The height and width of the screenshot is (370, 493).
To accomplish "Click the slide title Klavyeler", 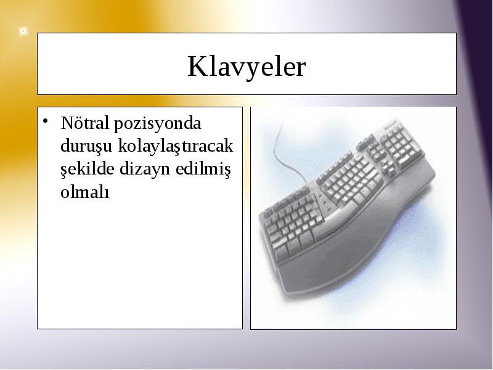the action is click(x=246, y=67).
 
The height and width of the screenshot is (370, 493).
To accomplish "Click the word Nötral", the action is click(x=85, y=123).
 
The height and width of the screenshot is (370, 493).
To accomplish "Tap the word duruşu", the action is click(x=86, y=146).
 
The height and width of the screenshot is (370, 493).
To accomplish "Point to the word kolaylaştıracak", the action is click(x=176, y=146).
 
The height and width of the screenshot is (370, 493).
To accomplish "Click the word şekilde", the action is click(x=87, y=168).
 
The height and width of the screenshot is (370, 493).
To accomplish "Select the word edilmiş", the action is click(x=203, y=168).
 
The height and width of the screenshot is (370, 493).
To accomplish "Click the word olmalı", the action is click(x=85, y=191).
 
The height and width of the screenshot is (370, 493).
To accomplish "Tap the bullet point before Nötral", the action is click(x=46, y=120).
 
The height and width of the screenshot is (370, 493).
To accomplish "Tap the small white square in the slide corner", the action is click(x=23, y=31).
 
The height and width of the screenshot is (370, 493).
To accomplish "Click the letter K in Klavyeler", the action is click(x=198, y=67).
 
